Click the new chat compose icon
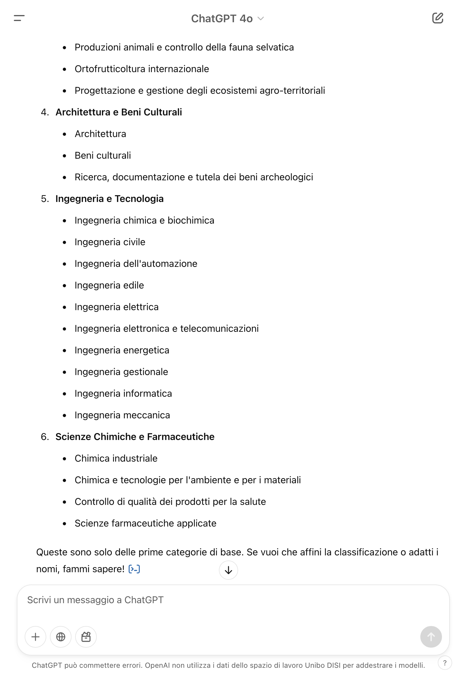(437, 18)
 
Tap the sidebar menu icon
(19, 18)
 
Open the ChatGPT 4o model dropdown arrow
(261, 19)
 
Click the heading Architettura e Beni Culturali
(118, 112)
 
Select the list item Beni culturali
(103, 155)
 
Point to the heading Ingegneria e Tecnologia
(109, 199)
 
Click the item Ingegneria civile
(110, 242)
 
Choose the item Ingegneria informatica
(123, 393)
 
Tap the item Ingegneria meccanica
(122, 415)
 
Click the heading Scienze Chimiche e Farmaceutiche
(135, 437)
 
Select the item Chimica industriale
(116, 458)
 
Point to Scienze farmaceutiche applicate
(145, 523)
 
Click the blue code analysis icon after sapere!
(134, 569)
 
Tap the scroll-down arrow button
(228, 570)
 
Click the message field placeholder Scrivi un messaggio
(95, 600)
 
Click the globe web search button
(61, 637)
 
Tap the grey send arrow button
(431, 637)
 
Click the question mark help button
(445, 663)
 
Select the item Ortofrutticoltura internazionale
(142, 69)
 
